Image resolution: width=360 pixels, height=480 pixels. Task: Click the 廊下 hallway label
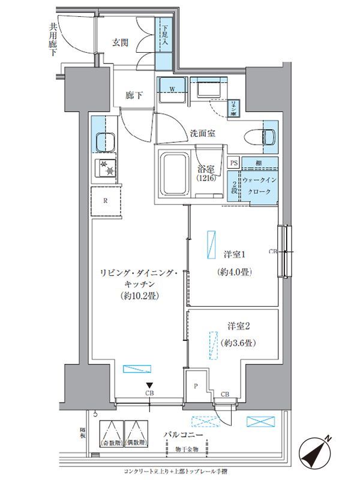click(x=134, y=95)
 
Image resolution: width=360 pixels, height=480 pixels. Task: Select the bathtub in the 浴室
click(x=173, y=172)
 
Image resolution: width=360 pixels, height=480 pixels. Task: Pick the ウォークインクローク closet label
click(x=260, y=185)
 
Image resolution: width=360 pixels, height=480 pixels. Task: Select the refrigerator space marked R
click(x=106, y=201)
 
